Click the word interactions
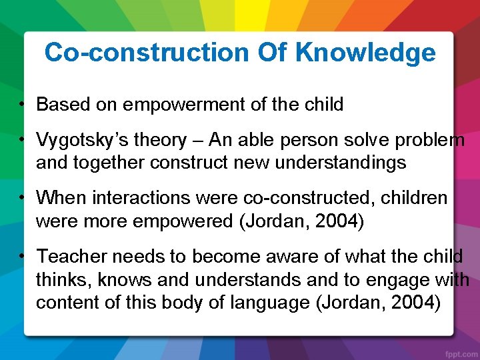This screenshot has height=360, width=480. (133, 198)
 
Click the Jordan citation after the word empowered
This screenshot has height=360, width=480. (304, 221)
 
